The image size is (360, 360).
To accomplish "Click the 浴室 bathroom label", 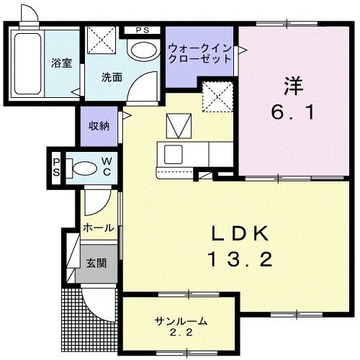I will pos(60,63).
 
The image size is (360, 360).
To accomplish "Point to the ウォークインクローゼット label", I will pos(199,54).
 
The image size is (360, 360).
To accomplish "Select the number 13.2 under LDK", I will pos(240,259).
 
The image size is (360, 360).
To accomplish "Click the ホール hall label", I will pos(97,228).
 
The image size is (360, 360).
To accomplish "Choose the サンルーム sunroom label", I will pos(180,321).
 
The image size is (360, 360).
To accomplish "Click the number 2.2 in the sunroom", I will pos(180,333).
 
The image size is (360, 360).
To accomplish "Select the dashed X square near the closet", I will pos(215,96).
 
